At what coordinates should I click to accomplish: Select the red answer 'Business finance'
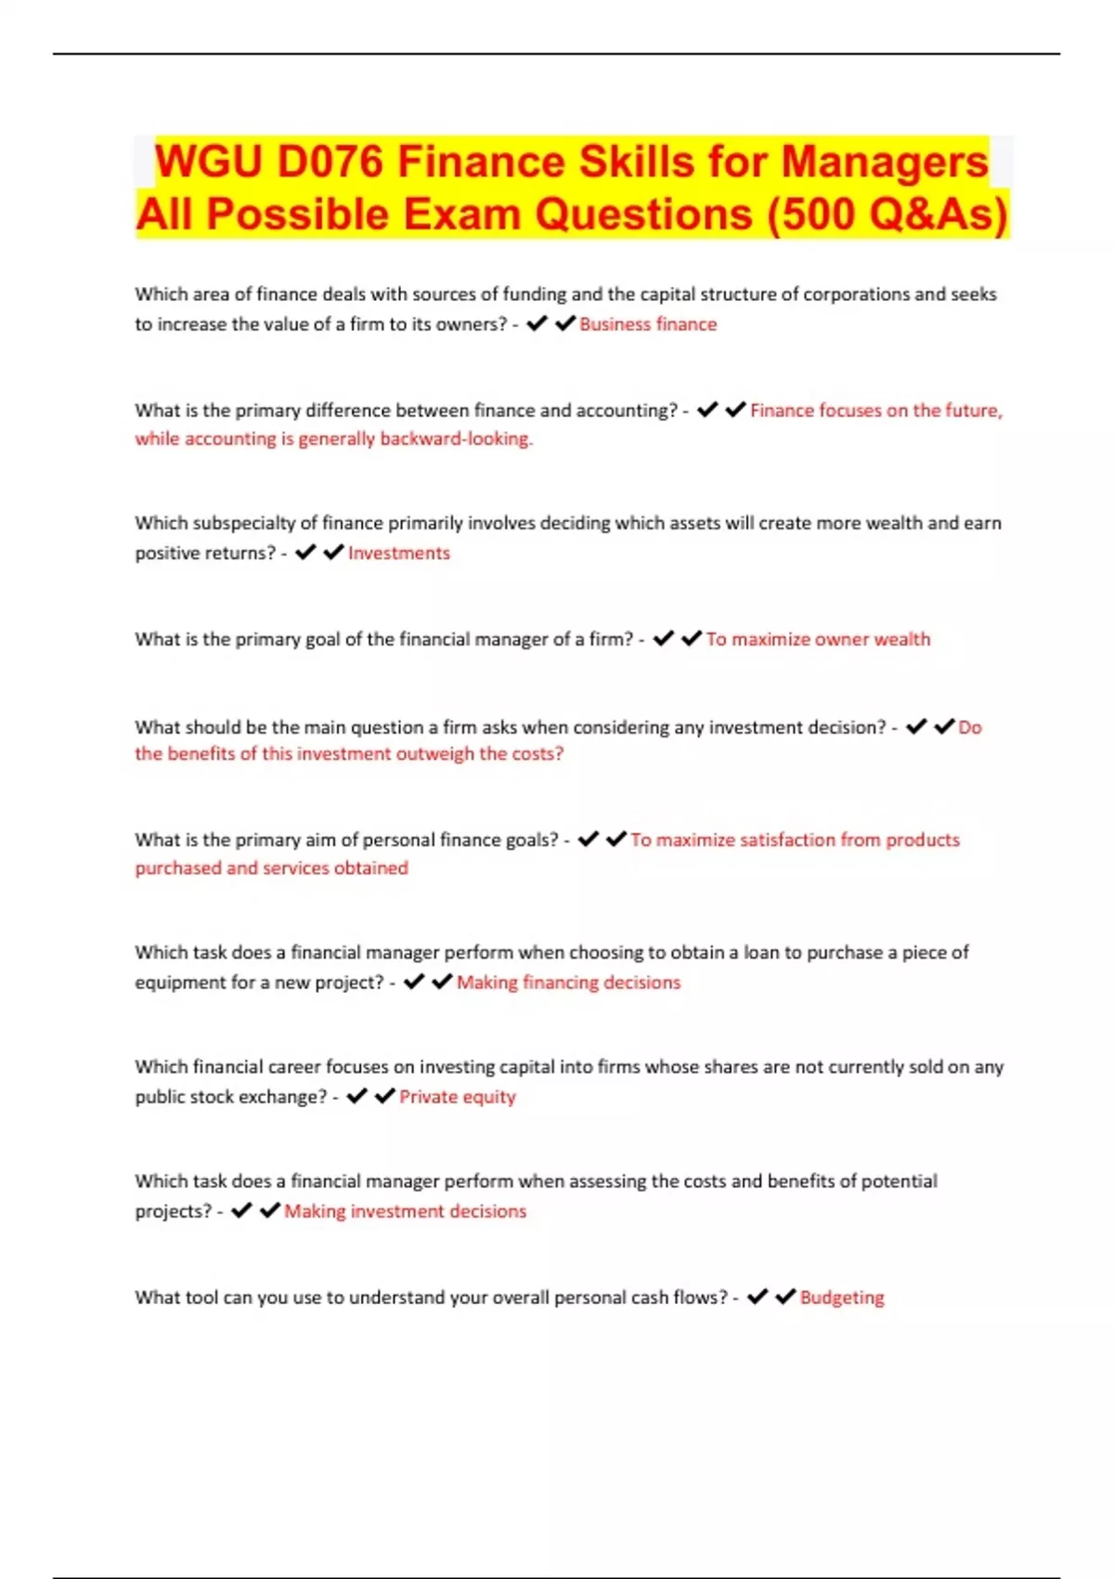pos(648,324)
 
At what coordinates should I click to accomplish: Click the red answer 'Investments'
pos(399,553)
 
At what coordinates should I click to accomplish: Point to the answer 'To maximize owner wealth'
pos(818,639)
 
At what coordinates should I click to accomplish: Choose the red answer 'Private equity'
pos(458,1097)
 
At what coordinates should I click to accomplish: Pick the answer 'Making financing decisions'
pos(568,983)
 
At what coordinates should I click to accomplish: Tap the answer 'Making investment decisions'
pos(405,1211)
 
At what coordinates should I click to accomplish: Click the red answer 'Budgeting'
pos(842,1298)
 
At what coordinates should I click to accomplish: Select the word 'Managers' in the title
pos(885,162)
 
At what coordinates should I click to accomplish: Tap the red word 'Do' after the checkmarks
pos(970,727)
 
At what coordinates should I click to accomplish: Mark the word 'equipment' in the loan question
pos(173,983)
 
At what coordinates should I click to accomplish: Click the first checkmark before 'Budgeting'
pos(757,1297)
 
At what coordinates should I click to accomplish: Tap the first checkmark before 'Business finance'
pos(536,323)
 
